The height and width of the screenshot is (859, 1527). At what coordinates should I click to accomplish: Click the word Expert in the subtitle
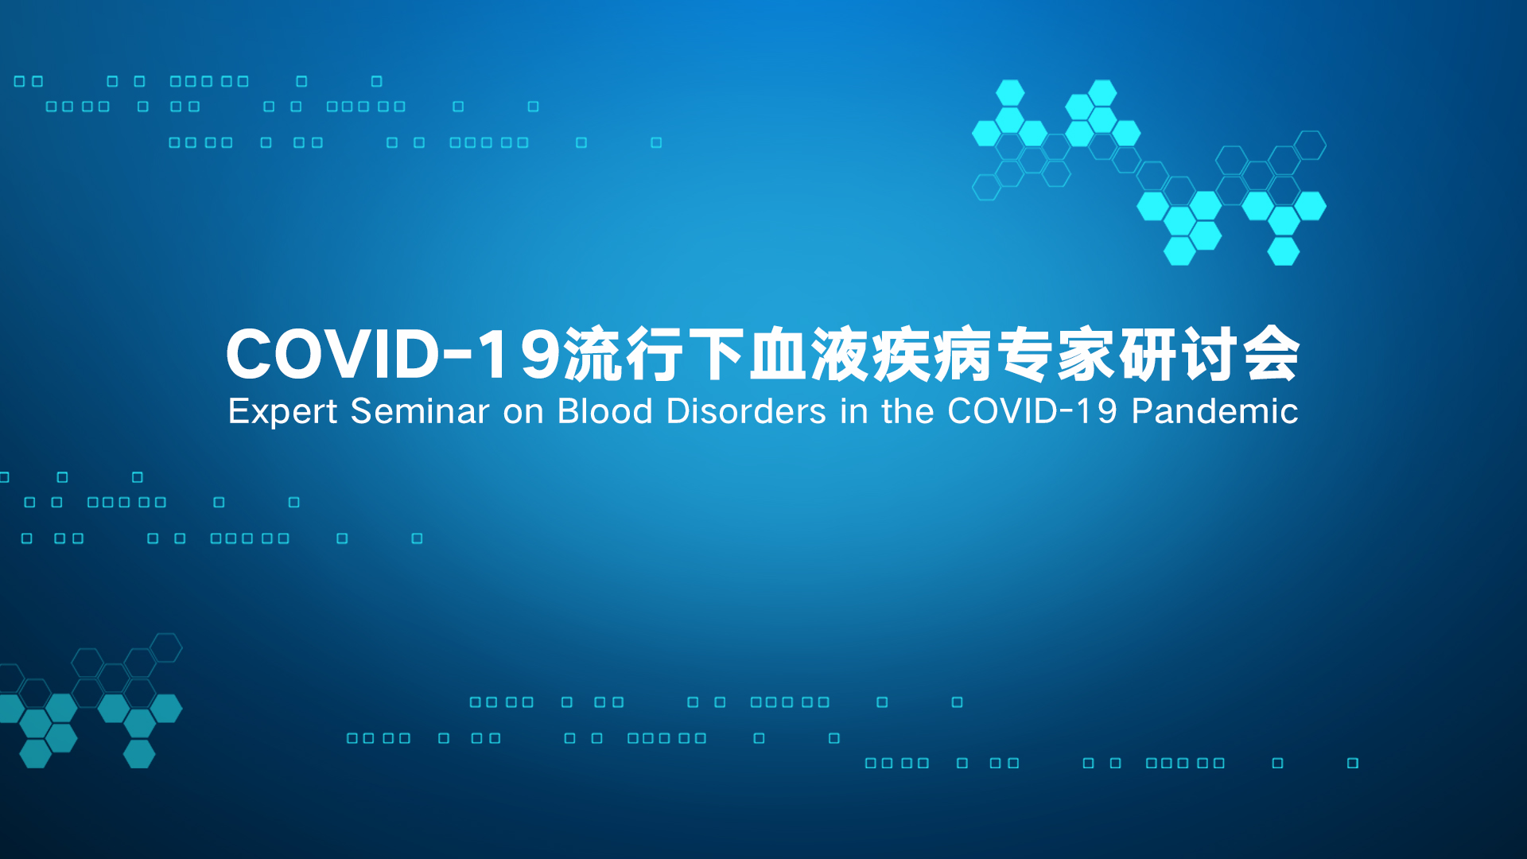tap(283, 412)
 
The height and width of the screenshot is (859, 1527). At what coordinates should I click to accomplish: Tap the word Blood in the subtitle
tap(605, 411)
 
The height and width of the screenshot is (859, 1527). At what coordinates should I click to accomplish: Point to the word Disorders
tap(746, 411)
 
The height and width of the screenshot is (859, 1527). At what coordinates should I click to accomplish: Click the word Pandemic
tap(1215, 411)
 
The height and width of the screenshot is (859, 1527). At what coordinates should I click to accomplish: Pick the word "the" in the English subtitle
tap(907, 411)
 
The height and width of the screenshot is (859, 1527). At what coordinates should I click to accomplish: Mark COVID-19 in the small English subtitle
tap(1032, 411)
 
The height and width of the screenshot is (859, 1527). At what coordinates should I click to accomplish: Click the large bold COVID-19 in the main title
tap(394, 355)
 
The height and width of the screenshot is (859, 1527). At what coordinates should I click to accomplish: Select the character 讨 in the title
tap(1211, 354)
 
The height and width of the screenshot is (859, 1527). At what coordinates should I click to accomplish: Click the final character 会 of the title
tap(1272, 354)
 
